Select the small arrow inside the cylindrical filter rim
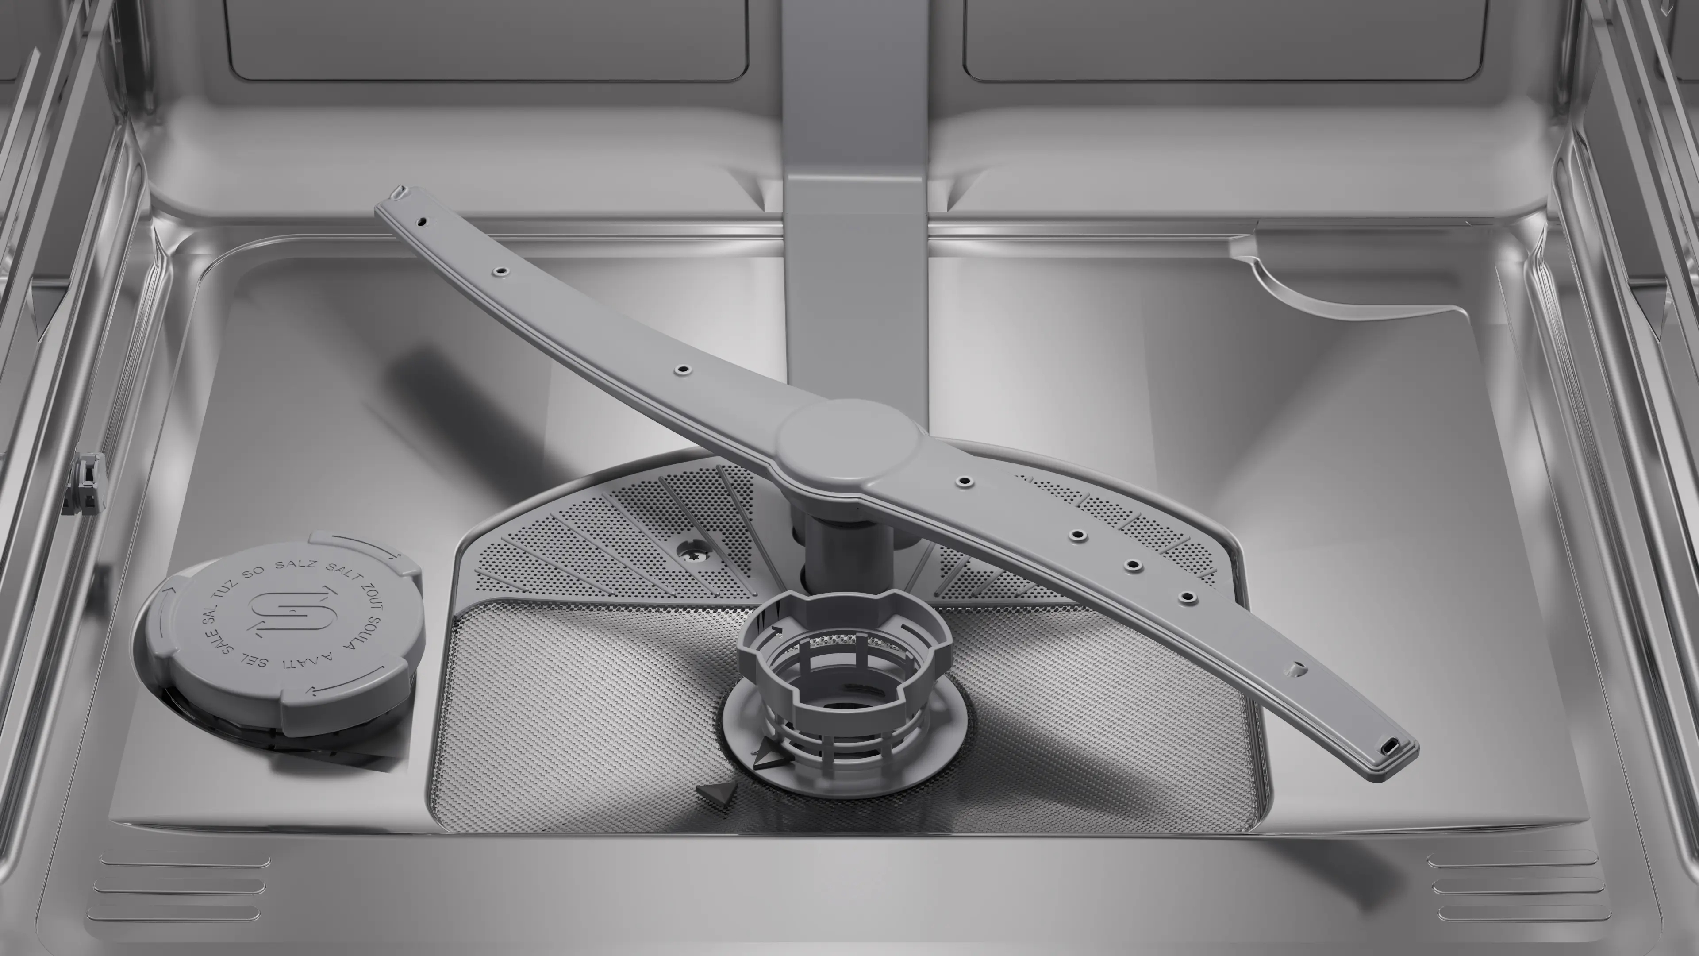tap(777, 632)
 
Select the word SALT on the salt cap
tap(343, 574)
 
